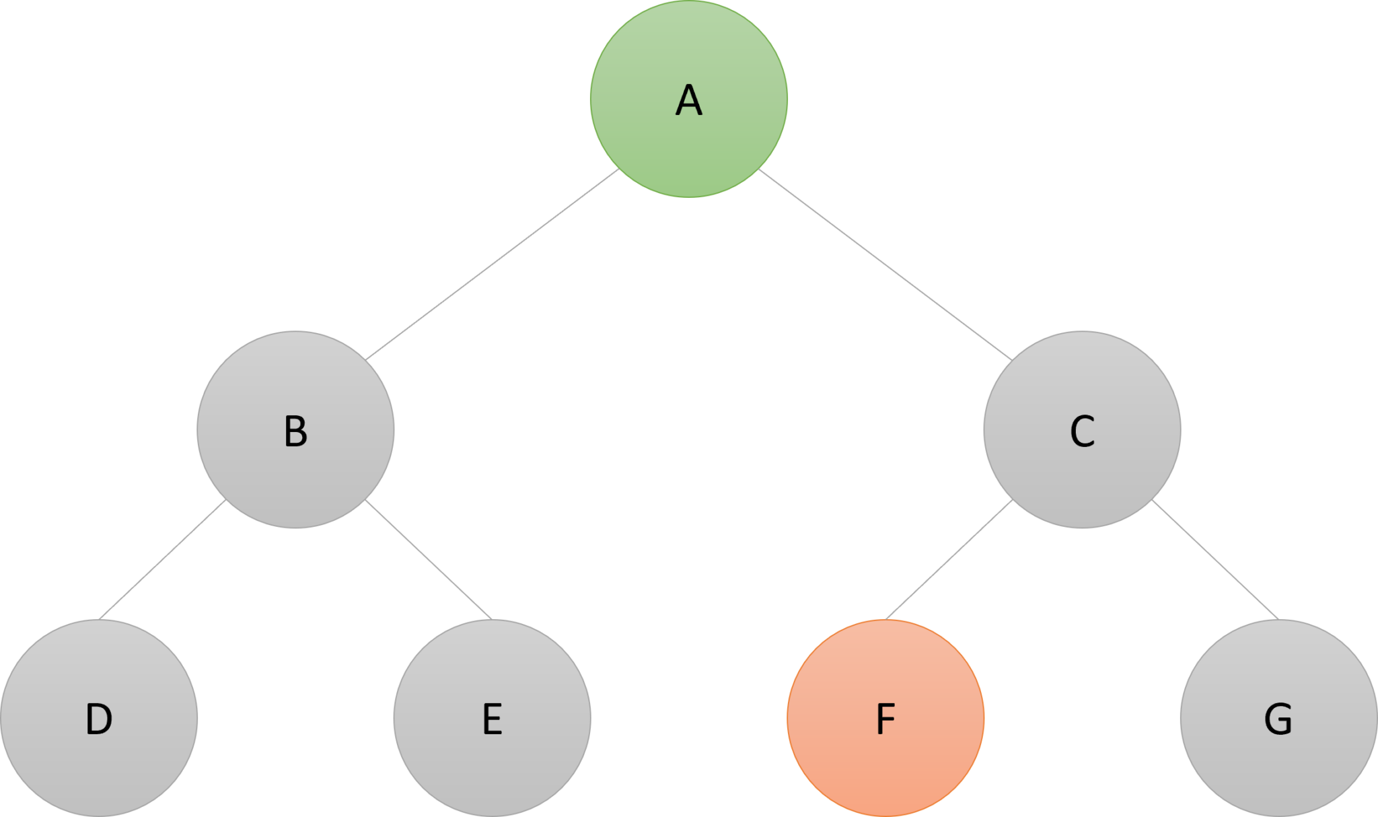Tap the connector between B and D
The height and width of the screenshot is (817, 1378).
click(162, 560)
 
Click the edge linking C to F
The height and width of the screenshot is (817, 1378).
click(949, 560)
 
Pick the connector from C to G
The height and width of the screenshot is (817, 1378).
click(1215, 560)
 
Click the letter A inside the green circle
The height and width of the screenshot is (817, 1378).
click(688, 101)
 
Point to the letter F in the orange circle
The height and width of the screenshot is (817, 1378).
click(885, 719)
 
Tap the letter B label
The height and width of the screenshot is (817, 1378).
click(295, 431)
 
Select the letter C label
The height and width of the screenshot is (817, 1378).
click(1081, 431)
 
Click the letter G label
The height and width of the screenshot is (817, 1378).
click(1278, 719)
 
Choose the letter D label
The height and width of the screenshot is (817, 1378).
click(99, 719)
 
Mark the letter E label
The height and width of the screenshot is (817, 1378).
click(492, 719)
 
